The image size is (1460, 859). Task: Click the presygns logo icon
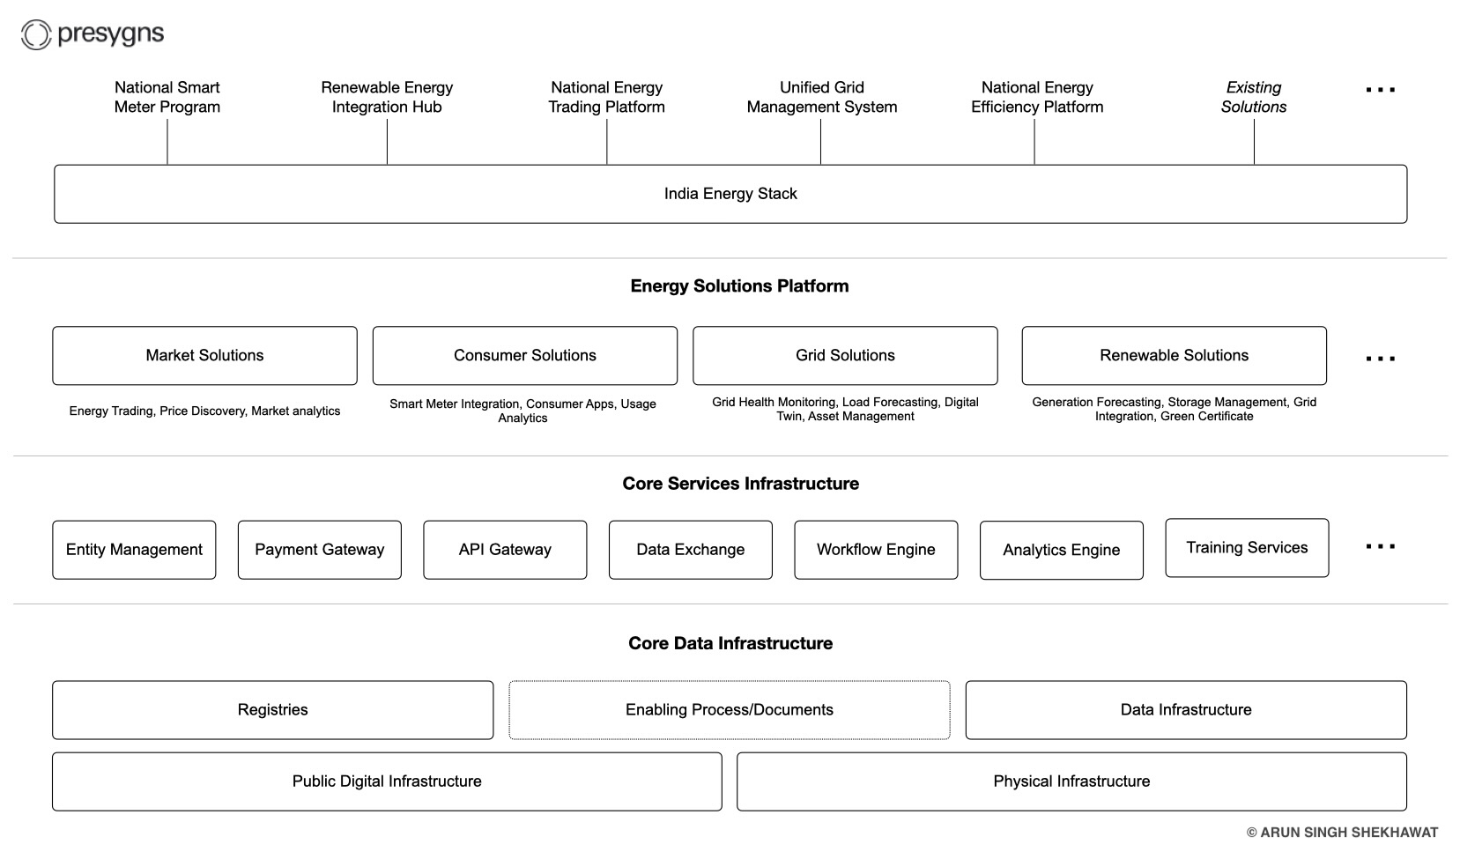tap(36, 35)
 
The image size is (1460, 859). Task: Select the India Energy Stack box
tap(730, 194)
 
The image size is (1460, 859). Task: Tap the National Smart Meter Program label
tap(167, 97)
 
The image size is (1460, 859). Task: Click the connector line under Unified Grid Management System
tap(820, 142)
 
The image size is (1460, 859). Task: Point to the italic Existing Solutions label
tap(1253, 97)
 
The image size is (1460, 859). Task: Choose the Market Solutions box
tap(204, 356)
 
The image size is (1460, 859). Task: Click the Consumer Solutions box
tap(524, 356)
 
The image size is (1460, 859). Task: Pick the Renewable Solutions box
tap(1174, 356)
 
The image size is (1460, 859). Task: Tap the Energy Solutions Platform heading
tap(739, 286)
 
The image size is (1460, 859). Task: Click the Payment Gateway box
tap(319, 550)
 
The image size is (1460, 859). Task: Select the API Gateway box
tap(505, 550)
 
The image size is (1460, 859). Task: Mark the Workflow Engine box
tap(876, 550)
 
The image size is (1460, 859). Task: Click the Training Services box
tap(1247, 548)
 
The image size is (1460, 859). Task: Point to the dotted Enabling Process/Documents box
tap(729, 710)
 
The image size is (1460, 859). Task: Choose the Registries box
tap(272, 710)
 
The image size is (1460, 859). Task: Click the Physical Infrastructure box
tap(1071, 781)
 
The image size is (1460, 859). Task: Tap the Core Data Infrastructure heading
tap(730, 643)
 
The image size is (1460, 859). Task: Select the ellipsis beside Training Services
tap(1380, 547)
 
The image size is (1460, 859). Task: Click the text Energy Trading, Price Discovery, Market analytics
tap(204, 411)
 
